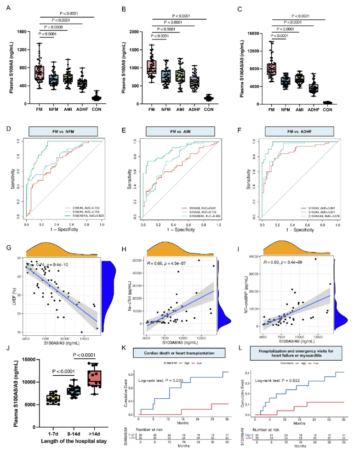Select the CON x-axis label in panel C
(x=328, y=110)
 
